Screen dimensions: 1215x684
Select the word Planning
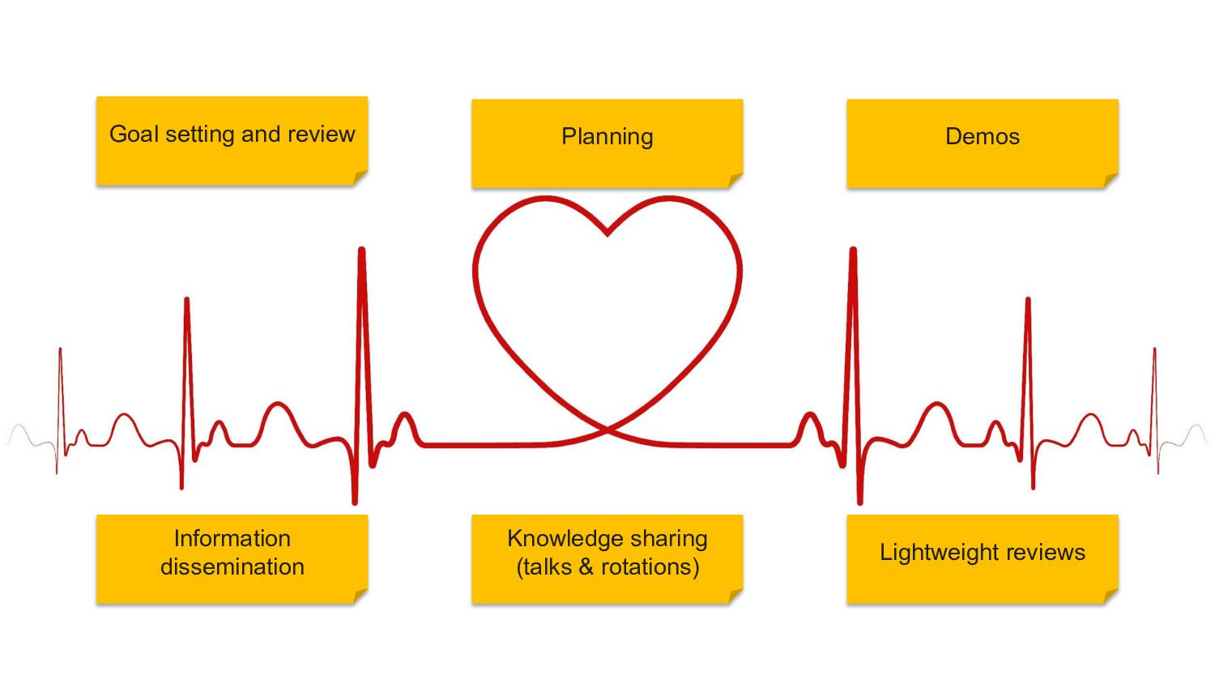[x=607, y=137]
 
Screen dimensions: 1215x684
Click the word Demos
[x=983, y=137]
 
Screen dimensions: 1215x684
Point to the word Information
[x=232, y=538]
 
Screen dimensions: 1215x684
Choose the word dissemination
[x=232, y=566]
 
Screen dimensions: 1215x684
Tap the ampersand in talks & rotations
[x=586, y=566]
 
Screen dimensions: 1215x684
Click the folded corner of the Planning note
[x=735, y=180]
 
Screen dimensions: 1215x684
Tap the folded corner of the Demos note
[x=1111, y=180]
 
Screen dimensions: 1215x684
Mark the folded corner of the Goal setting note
[x=360, y=177]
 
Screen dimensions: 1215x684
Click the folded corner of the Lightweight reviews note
[x=1111, y=596]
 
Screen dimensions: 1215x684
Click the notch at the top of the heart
[x=607, y=234]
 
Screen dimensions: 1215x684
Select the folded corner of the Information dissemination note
[x=360, y=596]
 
